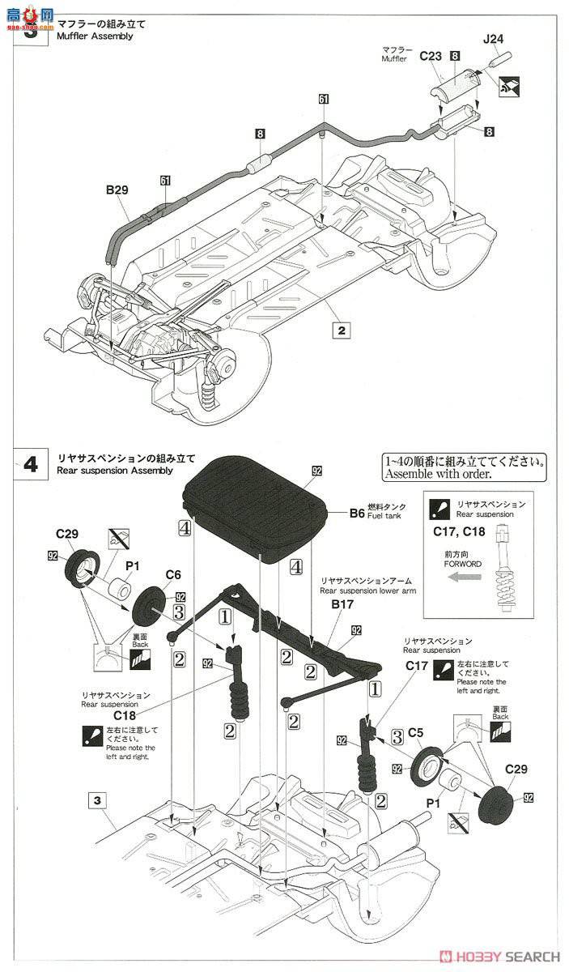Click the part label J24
[493, 38]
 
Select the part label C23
[431, 56]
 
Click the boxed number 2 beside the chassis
[342, 330]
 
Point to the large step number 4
[31, 465]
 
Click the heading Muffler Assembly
[96, 36]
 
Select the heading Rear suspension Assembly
[116, 471]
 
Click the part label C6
[173, 574]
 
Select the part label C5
[416, 732]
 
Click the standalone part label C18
[125, 715]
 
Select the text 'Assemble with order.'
[465, 474]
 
